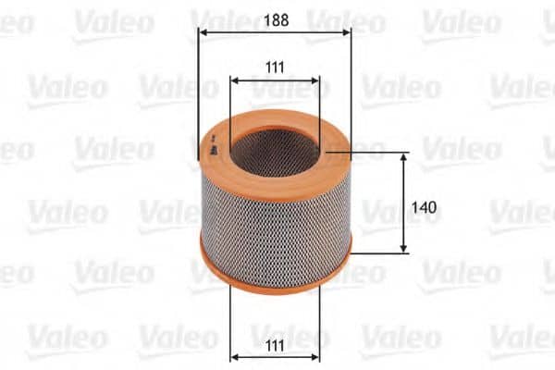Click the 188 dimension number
(276, 20)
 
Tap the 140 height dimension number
(424, 207)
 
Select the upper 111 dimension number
(275, 68)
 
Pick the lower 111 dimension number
(275, 346)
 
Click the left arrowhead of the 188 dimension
(203, 32)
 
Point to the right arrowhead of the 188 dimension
(346, 32)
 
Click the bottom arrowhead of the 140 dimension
(403, 249)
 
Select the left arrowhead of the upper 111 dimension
(235, 81)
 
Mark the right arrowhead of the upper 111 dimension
(315, 81)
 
